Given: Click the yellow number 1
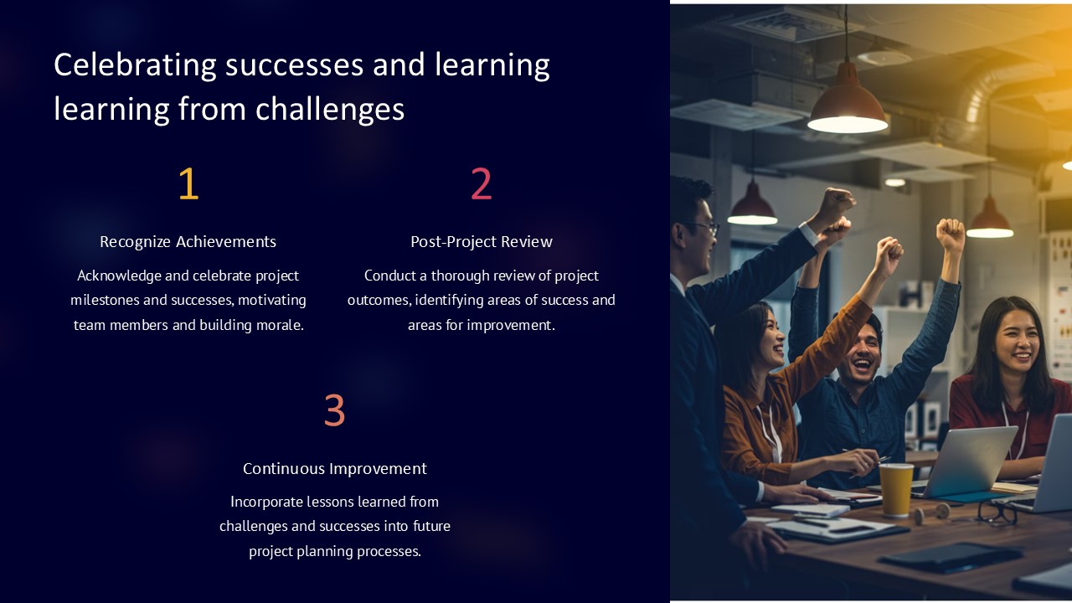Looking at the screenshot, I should [x=188, y=184].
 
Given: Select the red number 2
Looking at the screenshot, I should [x=481, y=184].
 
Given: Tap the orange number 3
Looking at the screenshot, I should [x=334, y=410].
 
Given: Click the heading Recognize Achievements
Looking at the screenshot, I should [x=188, y=242].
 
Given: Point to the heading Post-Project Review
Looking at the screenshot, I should [x=482, y=242].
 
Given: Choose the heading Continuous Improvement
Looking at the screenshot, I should [x=335, y=468].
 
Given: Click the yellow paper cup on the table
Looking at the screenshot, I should [x=895, y=489].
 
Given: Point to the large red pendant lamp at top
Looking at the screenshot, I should [x=848, y=105].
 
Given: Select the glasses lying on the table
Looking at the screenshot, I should [x=997, y=512].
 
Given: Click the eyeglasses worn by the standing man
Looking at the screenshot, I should [x=705, y=227].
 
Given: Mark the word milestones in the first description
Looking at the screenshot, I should [x=105, y=300].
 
